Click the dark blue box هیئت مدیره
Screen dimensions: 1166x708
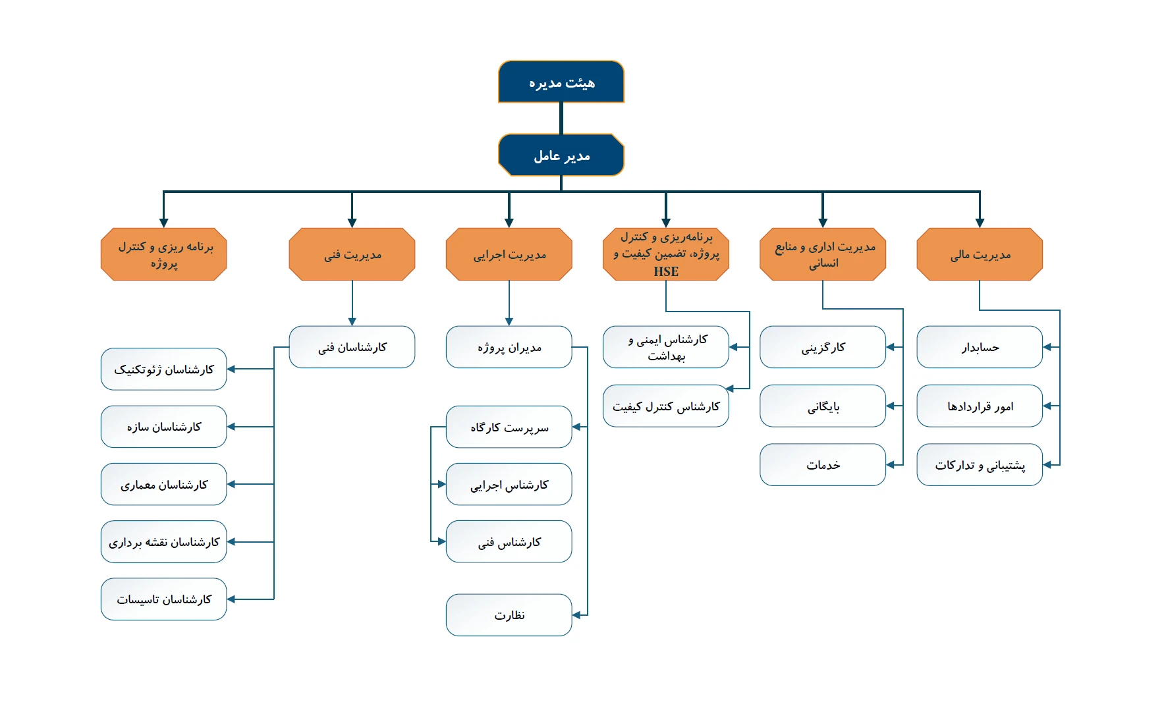561,82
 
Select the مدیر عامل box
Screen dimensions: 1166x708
561,155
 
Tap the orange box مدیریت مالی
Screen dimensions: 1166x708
980,254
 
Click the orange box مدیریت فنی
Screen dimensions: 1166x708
352,254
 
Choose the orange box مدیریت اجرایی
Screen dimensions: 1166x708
509,254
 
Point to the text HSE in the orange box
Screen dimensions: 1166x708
666,271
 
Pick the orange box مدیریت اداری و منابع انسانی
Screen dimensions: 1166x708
823,254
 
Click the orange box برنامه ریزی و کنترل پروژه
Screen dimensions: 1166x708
164,254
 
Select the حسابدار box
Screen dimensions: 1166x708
980,347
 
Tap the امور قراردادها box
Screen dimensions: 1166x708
980,406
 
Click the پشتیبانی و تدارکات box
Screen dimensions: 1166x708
980,465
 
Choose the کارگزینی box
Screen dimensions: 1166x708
823,347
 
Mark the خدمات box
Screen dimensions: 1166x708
823,465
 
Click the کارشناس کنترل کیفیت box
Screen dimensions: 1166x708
666,406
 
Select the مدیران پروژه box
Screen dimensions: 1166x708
509,347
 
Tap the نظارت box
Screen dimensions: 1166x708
509,615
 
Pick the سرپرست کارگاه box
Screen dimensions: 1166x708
509,427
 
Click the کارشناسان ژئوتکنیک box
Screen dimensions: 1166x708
164,369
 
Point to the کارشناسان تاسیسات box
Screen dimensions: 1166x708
164,599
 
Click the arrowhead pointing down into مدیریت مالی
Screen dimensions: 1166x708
980,223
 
